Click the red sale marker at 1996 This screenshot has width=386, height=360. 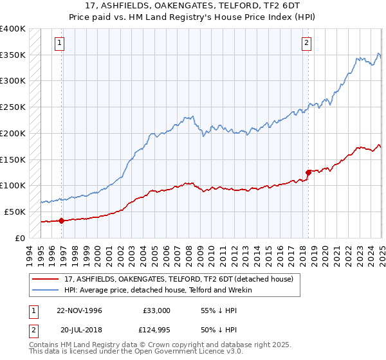point(62,220)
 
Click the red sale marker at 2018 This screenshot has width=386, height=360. point(308,172)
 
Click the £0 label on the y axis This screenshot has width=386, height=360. point(21,237)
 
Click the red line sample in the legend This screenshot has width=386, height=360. point(46,279)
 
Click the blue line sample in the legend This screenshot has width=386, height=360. point(46,290)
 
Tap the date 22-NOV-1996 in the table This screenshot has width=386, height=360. point(79,310)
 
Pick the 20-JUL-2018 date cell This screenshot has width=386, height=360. point(79,331)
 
